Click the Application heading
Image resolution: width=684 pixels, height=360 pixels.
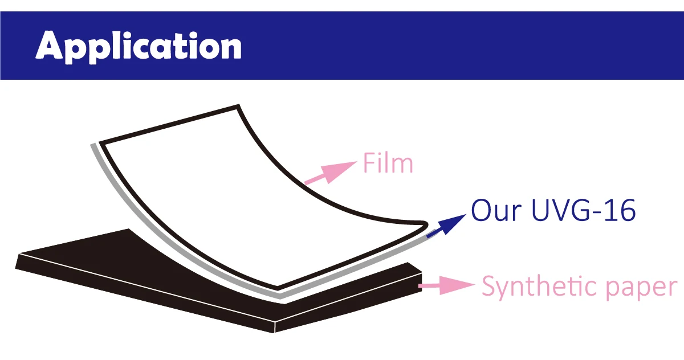(x=139, y=46)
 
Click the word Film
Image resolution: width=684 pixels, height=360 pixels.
(x=388, y=164)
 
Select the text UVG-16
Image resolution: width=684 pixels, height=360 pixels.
(x=583, y=211)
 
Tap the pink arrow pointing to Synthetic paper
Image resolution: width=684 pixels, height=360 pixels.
(x=447, y=284)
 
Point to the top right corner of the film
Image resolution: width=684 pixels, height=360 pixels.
(x=238, y=107)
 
